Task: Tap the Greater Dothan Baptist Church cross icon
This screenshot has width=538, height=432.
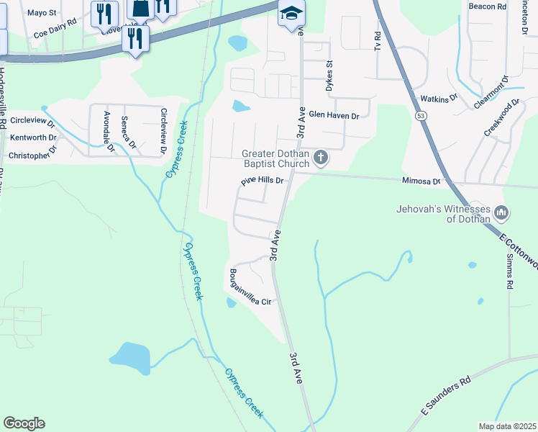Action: tap(322, 157)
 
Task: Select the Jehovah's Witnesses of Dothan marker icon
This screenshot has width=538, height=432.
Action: tap(502, 213)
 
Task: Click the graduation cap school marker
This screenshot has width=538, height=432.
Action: tap(291, 14)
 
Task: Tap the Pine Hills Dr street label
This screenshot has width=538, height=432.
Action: tap(263, 181)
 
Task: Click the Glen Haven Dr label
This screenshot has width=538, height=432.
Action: tap(333, 114)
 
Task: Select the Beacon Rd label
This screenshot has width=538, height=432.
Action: tap(487, 6)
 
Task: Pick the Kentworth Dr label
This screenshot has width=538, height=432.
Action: tap(32, 137)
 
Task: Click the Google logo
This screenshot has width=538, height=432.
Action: tap(24, 423)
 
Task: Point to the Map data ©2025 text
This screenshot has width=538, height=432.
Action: tap(506, 426)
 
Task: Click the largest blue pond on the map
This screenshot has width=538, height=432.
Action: tap(130, 356)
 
